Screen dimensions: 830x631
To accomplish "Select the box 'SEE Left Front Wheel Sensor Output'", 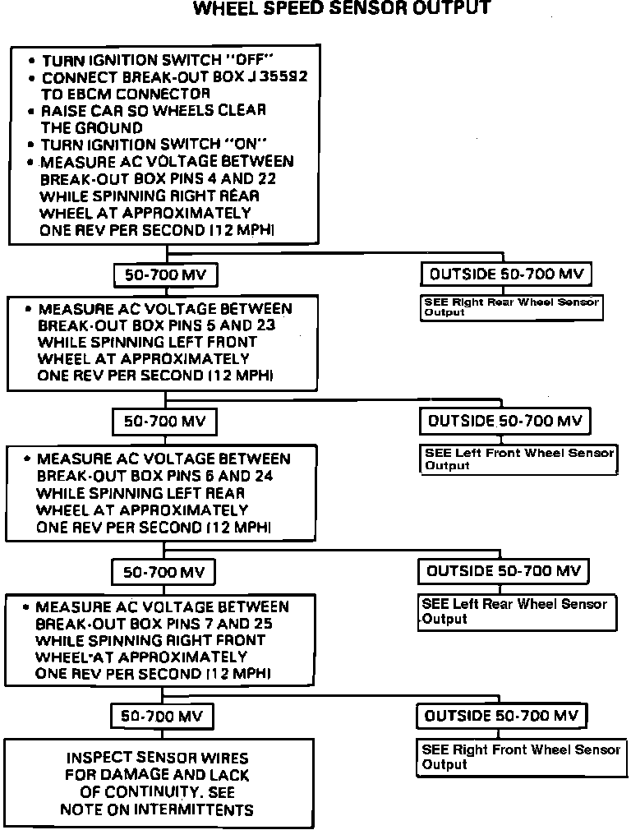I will (x=518, y=459).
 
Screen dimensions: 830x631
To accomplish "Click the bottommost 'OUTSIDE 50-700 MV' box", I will (x=501, y=716).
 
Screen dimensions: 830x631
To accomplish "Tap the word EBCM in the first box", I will (x=85, y=94).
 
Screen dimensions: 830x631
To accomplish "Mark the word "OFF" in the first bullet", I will (x=250, y=61).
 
